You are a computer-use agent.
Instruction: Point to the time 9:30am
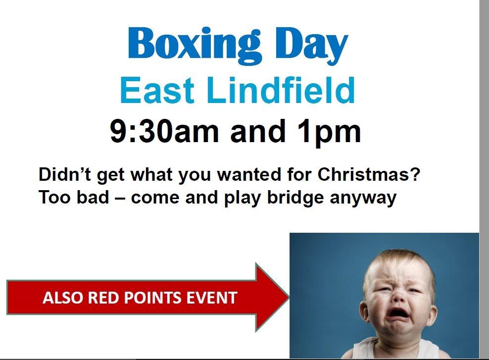[x=164, y=131]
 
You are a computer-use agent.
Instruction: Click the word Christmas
[x=369, y=174]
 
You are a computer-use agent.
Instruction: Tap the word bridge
[x=295, y=198]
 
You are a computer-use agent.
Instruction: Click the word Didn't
[x=65, y=174]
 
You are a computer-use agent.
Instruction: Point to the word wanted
[x=249, y=174]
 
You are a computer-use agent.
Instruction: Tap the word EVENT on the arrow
[x=212, y=297]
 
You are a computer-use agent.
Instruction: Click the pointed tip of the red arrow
[x=289, y=297]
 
